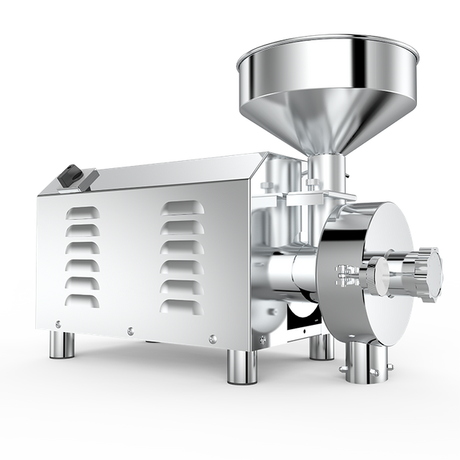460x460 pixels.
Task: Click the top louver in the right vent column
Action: pos(180,208)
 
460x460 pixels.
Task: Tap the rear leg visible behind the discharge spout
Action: pos(321,346)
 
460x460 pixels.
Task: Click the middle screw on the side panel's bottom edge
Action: pos(130,331)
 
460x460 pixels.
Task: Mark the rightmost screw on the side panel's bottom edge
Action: pos(212,339)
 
